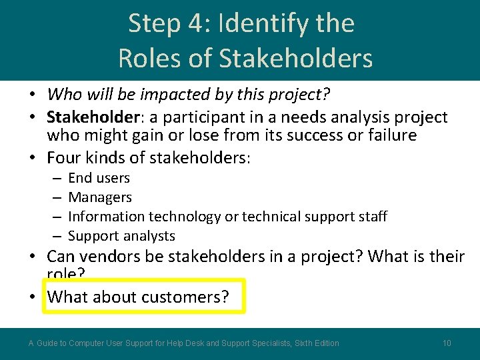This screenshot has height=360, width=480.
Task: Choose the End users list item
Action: point(99,178)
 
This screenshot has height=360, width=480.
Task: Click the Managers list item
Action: point(100,197)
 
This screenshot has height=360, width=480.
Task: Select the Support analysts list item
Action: point(121,236)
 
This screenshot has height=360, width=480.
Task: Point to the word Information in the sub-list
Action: point(106,217)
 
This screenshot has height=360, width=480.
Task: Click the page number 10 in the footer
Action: point(447,343)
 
